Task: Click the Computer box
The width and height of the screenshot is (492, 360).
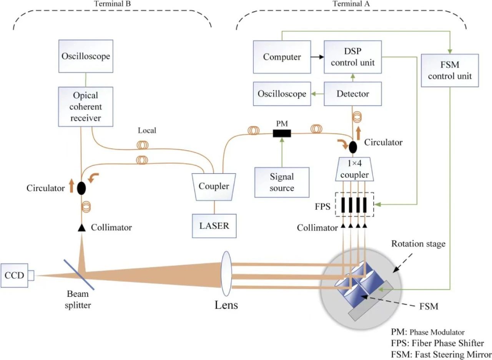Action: tap(282, 57)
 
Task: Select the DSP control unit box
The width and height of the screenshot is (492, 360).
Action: tap(353, 57)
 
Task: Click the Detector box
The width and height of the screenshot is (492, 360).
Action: tap(353, 94)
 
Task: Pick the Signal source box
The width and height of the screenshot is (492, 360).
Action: tap(282, 182)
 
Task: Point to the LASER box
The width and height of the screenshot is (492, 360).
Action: tap(214, 225)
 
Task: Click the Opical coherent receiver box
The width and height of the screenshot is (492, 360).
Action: tap(86, 106)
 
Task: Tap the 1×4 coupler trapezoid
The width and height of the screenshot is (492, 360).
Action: tap(353, 170)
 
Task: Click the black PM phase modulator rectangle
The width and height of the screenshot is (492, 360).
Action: tap(282, 133)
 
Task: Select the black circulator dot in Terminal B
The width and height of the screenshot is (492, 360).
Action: tap(81, 188)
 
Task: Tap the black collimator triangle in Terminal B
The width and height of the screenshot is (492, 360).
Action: tap(81, 228)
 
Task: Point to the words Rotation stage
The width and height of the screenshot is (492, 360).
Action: tap(418, 244)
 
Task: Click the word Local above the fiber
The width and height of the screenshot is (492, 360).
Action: tap(147, 131)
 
